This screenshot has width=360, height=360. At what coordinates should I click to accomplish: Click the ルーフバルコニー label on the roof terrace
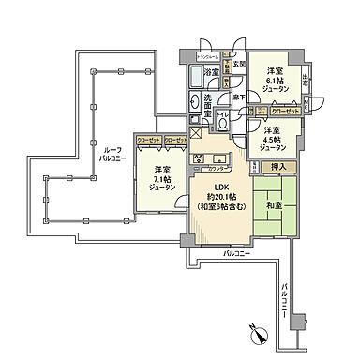(x=113, y=155)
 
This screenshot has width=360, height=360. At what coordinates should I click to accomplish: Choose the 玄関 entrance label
(x=240, y=64)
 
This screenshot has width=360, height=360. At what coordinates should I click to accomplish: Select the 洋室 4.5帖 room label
(x=272, y=139)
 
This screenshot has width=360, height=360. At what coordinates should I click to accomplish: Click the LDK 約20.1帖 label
(x=220, y=202)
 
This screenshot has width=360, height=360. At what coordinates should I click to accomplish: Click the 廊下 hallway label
(x=242, y=97)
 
